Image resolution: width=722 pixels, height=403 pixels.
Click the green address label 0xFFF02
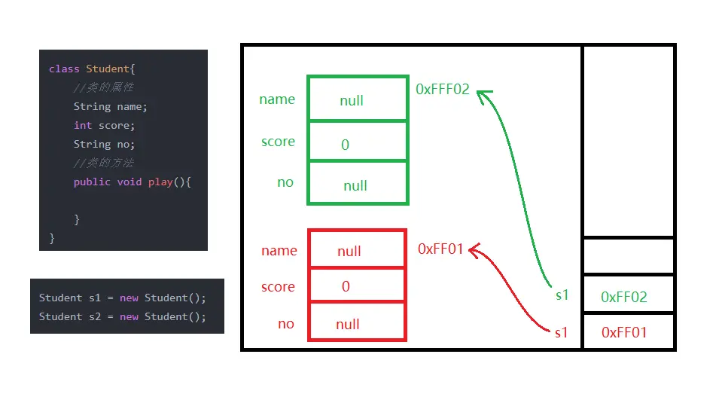point(443,90)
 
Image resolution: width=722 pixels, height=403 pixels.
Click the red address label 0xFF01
point(440,249)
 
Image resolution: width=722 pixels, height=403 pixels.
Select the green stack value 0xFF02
point(624,297)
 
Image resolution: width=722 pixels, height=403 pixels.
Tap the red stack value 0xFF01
point(624,332)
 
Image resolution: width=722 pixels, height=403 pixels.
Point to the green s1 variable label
point(562,295)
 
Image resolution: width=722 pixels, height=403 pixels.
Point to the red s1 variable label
point(561,332)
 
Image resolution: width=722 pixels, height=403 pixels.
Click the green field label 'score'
point(278,142)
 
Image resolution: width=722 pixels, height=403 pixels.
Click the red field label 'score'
point(278,287)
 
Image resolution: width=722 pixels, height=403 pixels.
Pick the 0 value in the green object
point(346,145)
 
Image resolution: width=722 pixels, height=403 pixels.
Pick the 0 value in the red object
point(346,286)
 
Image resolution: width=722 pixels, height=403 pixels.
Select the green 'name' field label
point(277,99)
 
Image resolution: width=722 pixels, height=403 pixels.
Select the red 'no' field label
point(286,324)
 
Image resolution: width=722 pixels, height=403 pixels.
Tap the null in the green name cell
point(352,101)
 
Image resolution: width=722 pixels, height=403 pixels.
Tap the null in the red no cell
point(348,325)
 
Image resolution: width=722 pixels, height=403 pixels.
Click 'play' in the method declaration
point(160,182)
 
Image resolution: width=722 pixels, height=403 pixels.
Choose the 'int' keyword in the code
point(83,126)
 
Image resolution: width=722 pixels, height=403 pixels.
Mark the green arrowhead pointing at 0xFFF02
point(483,94)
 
